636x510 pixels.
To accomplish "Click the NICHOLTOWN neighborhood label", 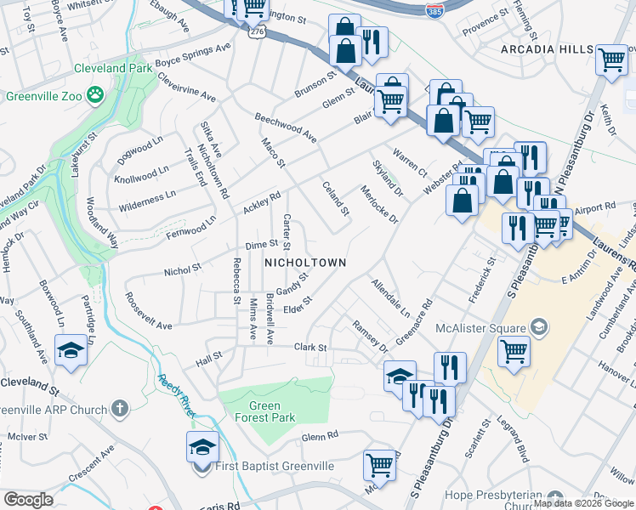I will (305, 263).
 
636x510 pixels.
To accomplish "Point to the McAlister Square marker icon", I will (539, 326).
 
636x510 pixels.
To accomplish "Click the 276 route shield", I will (254, 31).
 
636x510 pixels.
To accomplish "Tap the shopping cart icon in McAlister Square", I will (514, 349).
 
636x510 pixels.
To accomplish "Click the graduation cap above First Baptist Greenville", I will (202, 446).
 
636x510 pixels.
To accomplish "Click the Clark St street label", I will (310, 348).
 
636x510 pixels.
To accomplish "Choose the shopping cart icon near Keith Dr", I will (611, 59).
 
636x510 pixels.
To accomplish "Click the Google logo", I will (28, 500).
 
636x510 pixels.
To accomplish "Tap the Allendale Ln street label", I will (390, 297).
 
